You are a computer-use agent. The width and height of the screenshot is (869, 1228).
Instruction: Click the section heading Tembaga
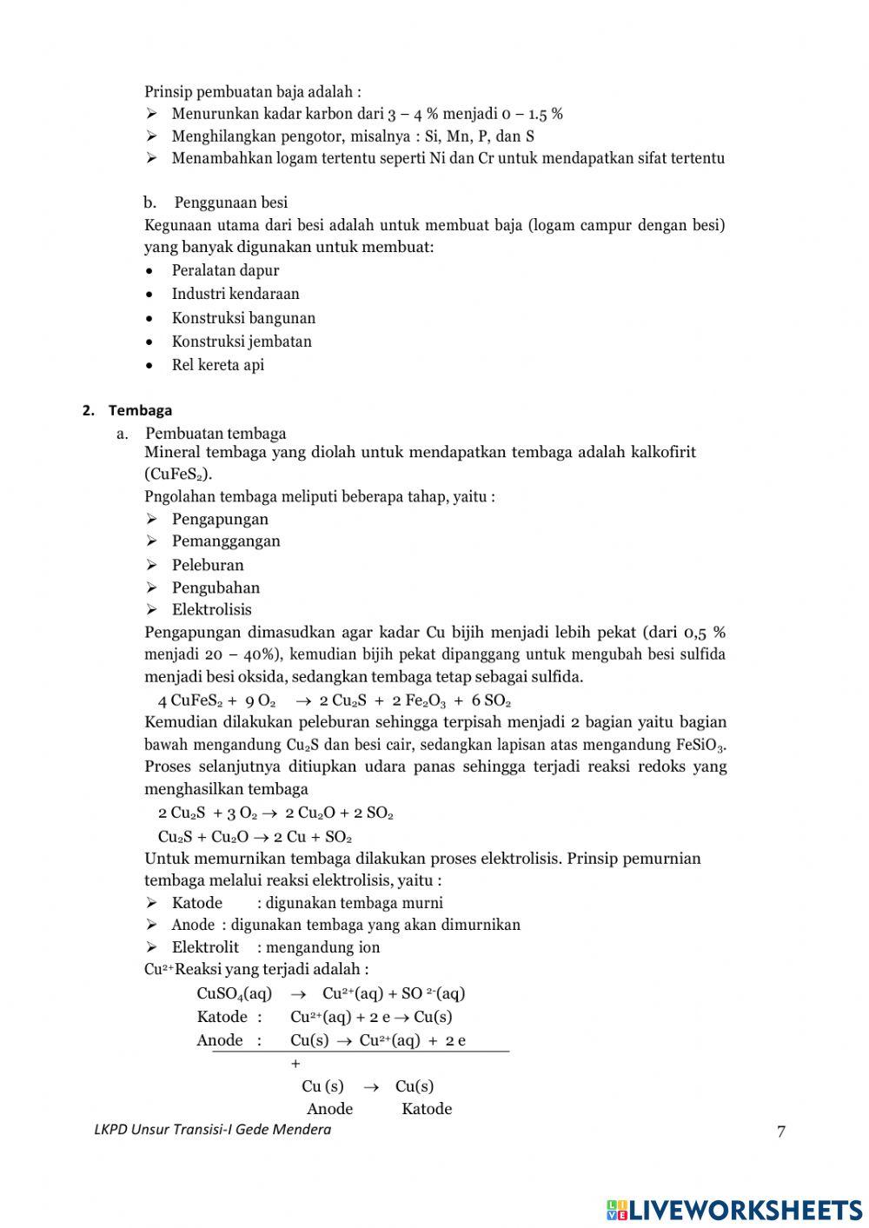[x=140, y=410]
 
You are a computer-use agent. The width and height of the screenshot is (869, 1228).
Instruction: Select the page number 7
[x=780, y=1132]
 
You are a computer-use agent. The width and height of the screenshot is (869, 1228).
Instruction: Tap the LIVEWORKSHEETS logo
[x=734, y=1209]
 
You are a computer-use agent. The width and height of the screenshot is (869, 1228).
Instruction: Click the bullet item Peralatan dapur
[x=225, y=270]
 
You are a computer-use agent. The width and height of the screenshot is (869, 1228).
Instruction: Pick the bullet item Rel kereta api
[x=217, y=365]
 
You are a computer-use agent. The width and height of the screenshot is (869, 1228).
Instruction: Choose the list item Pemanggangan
[x=226, y=541]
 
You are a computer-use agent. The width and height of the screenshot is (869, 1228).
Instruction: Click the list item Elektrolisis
[x=211, y=609]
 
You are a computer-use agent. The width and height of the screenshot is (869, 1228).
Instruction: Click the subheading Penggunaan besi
[x=230, y=202]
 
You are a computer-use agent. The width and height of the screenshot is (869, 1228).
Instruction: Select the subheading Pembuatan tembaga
[x=216, y=433]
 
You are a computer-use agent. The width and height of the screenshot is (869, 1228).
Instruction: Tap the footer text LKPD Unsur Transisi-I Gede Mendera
[x=212, y=1130]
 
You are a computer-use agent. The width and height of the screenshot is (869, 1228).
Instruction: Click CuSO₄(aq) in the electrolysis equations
[x=234, y=993]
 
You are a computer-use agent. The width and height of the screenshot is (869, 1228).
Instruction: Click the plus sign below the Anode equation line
[x=295, y=1063]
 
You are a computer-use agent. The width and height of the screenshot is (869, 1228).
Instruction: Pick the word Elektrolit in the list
[x=205, y=947]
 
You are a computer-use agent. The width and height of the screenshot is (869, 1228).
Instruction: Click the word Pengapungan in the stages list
[x=220, y=519]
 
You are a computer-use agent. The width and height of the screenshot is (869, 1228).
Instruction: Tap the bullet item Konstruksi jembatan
[x=242, y=342]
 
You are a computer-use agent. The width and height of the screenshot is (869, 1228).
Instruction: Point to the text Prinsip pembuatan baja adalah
[x=252, y=91]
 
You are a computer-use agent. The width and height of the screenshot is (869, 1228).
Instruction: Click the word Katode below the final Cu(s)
[x=427, y=1108]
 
